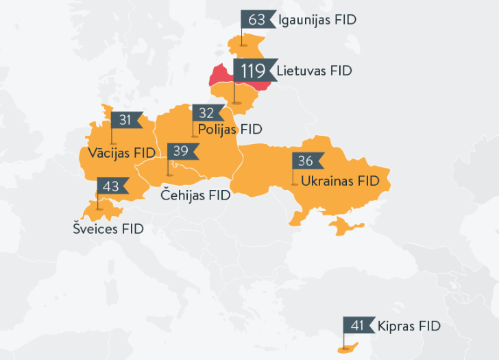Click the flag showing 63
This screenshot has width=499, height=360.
[257, 19]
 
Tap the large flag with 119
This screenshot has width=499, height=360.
[253, 70]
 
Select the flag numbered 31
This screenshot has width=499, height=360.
[125, 120]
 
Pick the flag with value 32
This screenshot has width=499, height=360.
[206, 113]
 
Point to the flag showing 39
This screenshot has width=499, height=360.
[182, 151]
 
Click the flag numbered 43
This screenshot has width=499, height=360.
[111, 186]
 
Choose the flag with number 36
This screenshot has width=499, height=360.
[306, 161]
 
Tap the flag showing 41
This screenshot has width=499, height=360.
[358, 326]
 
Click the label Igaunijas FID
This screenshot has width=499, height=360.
[317, 20]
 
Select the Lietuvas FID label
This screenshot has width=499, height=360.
[314, 71]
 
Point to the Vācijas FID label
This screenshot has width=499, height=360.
[122, 152]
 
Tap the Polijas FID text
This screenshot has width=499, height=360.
[230, 129]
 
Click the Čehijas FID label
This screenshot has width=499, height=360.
[195, 195]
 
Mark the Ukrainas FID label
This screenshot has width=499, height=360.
[340, 181]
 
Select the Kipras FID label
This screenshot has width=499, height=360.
[408, 326]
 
